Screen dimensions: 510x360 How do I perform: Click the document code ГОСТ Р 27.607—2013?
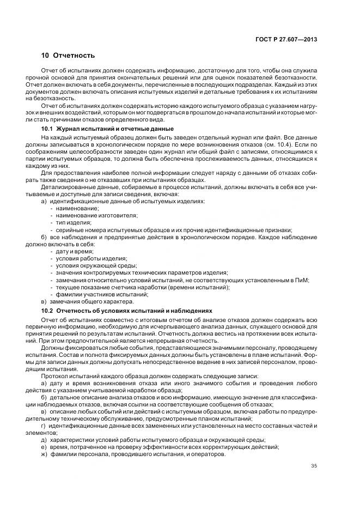[286, 39]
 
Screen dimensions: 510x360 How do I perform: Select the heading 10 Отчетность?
[68, 56]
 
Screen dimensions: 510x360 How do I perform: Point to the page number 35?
[314, 465]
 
